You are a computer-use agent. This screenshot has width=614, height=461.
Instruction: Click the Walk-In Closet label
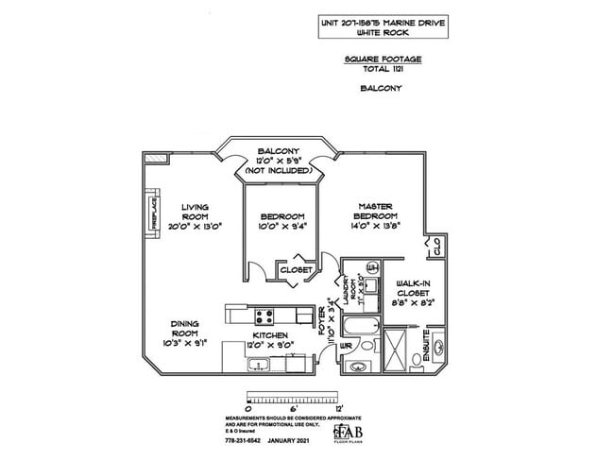(x=413, y=288)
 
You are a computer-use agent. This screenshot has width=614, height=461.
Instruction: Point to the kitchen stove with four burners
(x=264, y=316)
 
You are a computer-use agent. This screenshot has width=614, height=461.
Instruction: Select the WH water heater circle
(x=371, y=269)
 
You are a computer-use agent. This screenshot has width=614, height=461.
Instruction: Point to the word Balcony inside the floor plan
(x=280, y=151)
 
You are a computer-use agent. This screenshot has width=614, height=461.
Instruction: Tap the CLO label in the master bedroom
(x=435, y=248)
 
